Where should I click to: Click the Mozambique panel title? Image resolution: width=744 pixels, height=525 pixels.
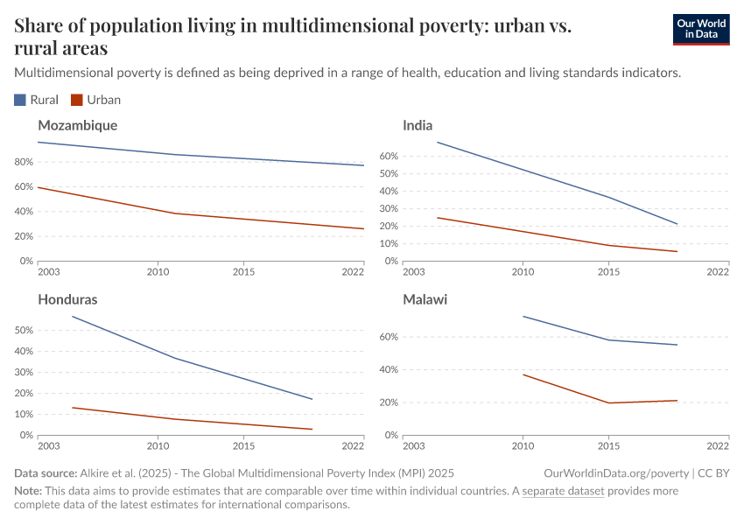point(77,125)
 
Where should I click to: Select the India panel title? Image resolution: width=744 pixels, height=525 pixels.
point(418,125)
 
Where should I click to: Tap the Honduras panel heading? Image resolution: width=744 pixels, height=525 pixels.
point(67,299)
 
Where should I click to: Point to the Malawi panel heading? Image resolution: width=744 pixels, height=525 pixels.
point(425,299)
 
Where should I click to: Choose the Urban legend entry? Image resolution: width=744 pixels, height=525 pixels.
point(96,100)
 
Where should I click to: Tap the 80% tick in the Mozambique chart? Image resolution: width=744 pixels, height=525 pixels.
point(25,162)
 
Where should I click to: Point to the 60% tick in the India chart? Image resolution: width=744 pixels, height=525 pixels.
point(389,156)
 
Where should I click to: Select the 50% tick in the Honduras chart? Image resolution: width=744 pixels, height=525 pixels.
point(25,331)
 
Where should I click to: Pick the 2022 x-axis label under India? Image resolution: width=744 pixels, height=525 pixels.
point(717,272)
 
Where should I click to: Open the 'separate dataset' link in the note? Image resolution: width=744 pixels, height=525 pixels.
point(563,491)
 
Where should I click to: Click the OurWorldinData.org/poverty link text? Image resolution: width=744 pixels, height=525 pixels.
point(615,472)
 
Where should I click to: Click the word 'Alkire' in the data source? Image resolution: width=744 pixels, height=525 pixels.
point(98,472)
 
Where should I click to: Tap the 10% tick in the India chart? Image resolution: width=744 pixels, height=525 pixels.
point(389,243)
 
